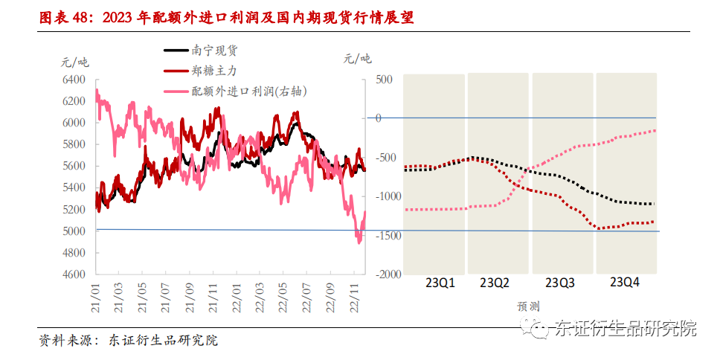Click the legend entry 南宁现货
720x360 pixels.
pos(215,51)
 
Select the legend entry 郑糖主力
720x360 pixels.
pos(215,71)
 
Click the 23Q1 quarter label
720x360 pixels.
pos(440,283)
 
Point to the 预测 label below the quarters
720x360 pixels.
pos(528,306)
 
